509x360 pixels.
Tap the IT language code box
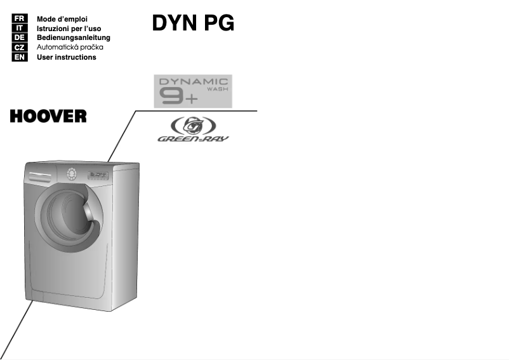[x=19, y=29]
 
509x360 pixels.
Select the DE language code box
[x=19, y=38]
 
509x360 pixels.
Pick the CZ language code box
[x=19, y=48]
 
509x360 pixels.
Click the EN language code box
[x=19, y=57]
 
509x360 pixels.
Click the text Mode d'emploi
[x=62, y=19]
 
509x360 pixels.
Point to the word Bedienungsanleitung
[x=74, y=38]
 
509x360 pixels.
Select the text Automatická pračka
[x=70, y=48]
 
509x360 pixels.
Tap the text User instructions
[x=67, y=57]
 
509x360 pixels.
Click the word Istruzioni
[x=53, y=29]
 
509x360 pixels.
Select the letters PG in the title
[x=219, y=23]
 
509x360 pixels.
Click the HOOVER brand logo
[x=48, y=117]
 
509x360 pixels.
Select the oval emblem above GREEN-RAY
[x=194, y=125]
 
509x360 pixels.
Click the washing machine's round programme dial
[x=71, y=173]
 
